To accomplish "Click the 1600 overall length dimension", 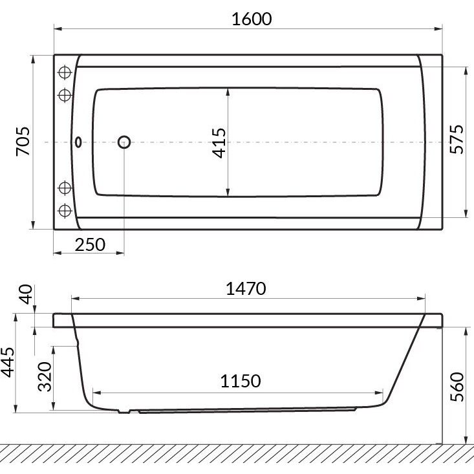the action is [252, 19].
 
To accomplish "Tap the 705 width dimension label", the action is [23, 141].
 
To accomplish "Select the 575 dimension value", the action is [457, 140].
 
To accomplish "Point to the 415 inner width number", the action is [219, 144].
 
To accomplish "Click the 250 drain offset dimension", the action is [90, 244].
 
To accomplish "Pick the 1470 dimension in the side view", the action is [246, 288].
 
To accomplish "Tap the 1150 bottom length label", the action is [241, 381].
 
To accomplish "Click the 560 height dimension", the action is [457, 387].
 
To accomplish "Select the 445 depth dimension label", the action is [7, 362].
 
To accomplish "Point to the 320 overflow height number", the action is [45, 376].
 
